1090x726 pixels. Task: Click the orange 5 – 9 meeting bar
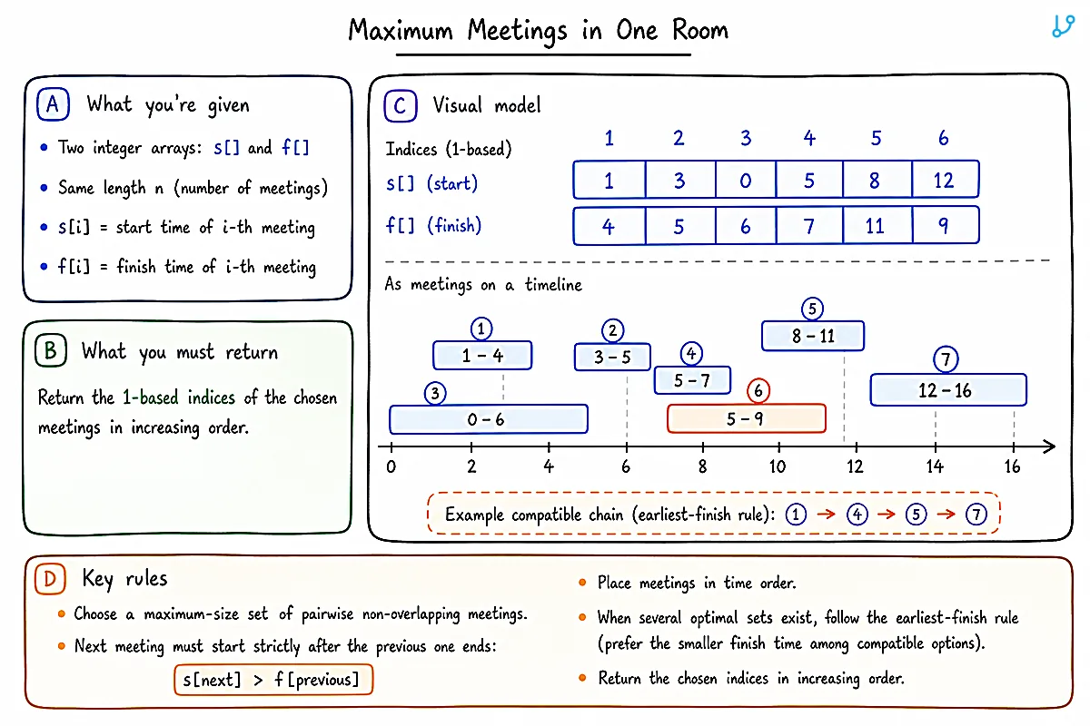point(747,418)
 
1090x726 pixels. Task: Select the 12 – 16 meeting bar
point(948,390)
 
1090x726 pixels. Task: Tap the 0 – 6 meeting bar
point(489,418)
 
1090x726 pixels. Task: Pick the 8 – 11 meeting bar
point(813,336)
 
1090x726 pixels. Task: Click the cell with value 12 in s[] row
point(945,180)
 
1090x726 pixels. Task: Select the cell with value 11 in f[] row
point(877,226)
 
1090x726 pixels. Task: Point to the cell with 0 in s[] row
point(746,180)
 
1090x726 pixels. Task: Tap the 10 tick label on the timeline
point(778,466)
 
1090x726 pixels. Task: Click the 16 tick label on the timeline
point(1012,466)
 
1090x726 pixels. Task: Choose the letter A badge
point(53,104)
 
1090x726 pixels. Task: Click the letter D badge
point(50,579)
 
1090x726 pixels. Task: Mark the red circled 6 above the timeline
point(758,390)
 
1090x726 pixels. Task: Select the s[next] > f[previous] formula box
point(273,680)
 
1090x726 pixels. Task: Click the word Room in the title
point(700,30)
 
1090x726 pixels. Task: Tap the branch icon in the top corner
point(1063,26)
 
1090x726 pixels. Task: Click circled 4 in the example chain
point(857,515)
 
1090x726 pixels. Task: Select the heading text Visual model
point(487,105)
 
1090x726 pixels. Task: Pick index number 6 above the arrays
point(943,138)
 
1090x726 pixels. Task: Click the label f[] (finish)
point(433,226)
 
